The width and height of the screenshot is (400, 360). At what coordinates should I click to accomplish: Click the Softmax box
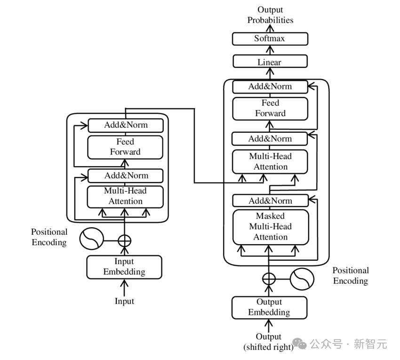click(270, 39)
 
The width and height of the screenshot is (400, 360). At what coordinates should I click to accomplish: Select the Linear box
click(270, 62)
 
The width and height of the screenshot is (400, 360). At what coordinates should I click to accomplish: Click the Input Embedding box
click(124, 267)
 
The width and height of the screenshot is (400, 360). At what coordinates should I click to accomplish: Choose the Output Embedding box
click(269, 307)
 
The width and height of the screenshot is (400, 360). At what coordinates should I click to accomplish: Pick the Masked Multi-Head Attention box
click(271, 227)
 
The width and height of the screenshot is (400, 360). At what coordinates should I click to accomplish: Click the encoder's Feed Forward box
click(125, 147)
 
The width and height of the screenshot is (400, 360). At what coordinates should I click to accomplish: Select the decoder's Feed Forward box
click(270, 108)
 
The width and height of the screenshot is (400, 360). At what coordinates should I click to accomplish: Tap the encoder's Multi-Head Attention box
click(125, 196)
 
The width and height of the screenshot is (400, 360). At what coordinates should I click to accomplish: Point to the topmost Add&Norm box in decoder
click(270, 87)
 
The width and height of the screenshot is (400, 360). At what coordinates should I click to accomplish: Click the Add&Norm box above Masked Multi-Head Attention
click(270, 201)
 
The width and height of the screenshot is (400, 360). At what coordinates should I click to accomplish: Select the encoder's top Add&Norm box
click(125, 125)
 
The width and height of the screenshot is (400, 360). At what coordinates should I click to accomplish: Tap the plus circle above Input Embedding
click(124, 240)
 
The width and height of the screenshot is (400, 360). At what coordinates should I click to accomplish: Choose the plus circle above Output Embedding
click(269, 279)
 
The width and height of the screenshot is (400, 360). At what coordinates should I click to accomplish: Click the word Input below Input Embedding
click(124, 301)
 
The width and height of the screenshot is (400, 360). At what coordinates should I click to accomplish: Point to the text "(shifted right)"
click(268, 347)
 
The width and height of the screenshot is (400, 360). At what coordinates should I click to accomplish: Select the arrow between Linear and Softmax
click(270, 50)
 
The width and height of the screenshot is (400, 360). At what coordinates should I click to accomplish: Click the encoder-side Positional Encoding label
click(49, 237)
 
